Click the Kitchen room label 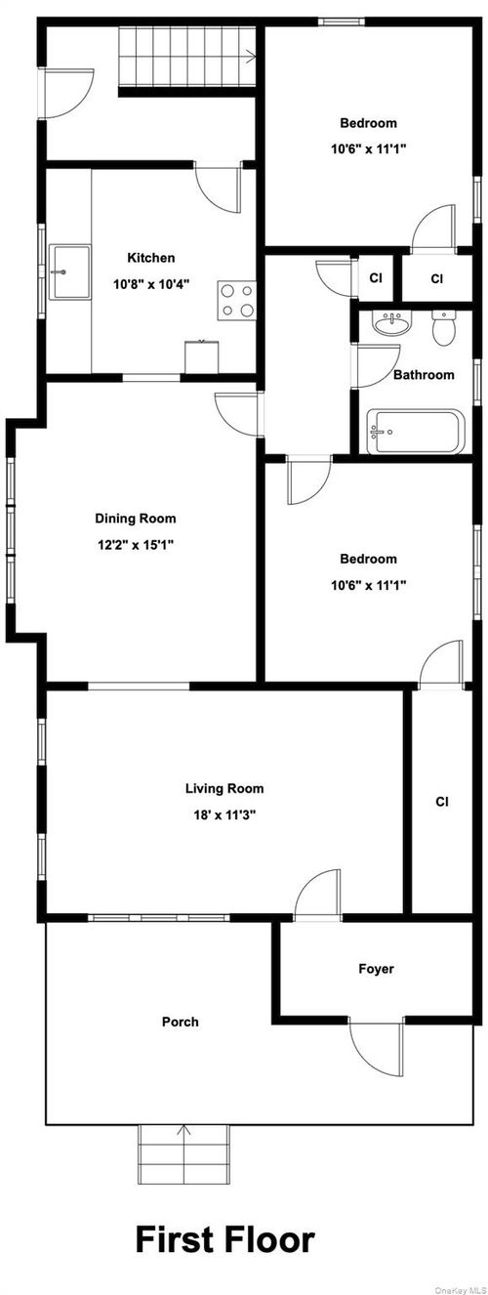(151, 258)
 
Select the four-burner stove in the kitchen (237, 300)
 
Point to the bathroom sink (393, 324)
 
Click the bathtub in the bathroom (413, 433)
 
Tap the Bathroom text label (424, 375)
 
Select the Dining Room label (136, 519)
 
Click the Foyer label (376, 969)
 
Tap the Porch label (180, 1022)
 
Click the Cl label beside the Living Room (441, 802)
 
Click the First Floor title (224, 1239)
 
